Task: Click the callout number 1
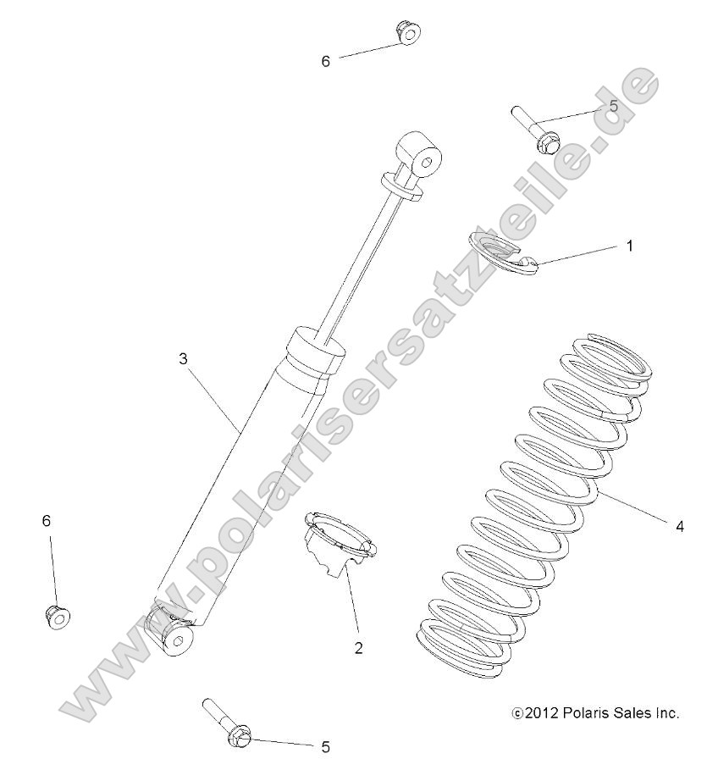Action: click(629, 246)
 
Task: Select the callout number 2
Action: click(359, 648)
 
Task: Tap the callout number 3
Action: click(182, 358)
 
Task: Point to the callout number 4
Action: click(680, 526)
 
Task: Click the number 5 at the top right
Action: click(613, 107)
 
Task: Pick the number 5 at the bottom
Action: click(325, 746)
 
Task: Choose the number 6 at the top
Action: click(325, 61)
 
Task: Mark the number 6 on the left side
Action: click(47, 519)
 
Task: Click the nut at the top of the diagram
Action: click(408, 32)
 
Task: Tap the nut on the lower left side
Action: click(57, 616)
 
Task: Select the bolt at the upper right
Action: click(533, 128)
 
